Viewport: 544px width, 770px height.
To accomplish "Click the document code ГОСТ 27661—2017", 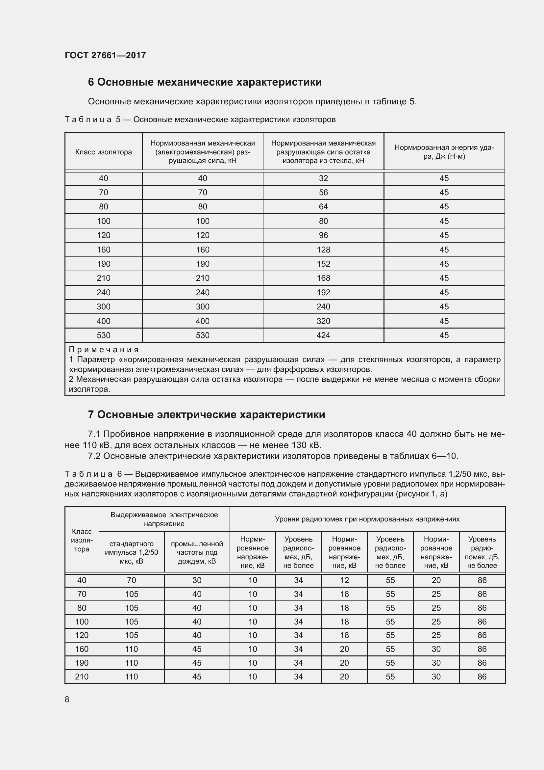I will pos(105,55).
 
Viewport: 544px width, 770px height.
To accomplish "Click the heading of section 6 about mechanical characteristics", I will pos(205,82).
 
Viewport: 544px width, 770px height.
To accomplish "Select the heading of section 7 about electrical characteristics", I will pos(206,415).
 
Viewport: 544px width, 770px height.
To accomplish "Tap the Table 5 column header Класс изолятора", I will pos(104,152).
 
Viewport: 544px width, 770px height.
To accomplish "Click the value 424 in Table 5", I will pos(323,335).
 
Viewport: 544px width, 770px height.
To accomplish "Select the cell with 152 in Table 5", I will pos(323,264).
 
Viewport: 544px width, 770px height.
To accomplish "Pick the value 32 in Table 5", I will pos(323,178).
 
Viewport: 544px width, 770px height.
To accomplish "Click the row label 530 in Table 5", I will pos(104,335).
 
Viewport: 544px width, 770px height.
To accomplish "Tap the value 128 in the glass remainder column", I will pos(323,250).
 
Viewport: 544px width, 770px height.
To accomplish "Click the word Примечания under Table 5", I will pos(104,350).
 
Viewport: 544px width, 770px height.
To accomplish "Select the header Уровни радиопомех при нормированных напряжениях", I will pos(367,519).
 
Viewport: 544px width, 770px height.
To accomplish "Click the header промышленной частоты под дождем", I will pos(197,552).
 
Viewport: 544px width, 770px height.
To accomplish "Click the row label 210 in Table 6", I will pos(82,677).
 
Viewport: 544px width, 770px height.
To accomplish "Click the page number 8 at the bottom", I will pos(67,699).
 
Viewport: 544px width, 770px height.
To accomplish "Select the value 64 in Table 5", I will pos(323,207).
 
